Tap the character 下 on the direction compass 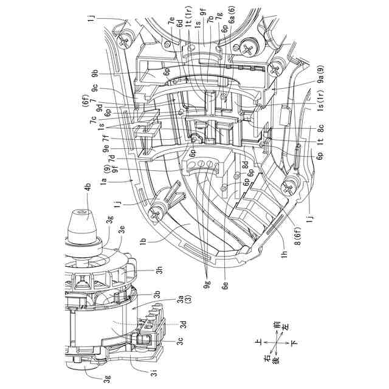tap(295, 343)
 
